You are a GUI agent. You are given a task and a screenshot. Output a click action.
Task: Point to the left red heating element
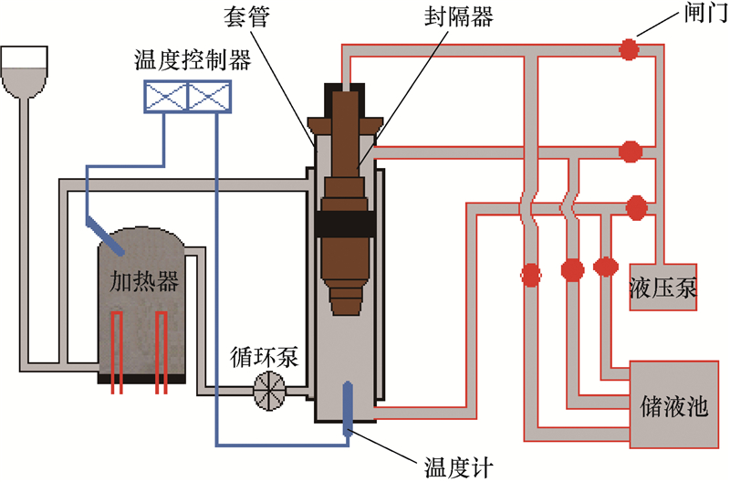click(117, 351)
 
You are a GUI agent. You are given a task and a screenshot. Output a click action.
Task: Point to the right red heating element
click(161, 351)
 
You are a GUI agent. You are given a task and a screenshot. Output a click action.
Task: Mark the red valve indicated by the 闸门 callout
click(628, 49)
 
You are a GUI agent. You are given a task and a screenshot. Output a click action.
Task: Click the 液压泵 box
click(663, 290)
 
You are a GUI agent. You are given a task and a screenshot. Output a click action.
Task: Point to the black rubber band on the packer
click(346, 224)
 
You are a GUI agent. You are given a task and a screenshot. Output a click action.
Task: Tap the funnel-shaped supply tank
click(24, 72)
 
